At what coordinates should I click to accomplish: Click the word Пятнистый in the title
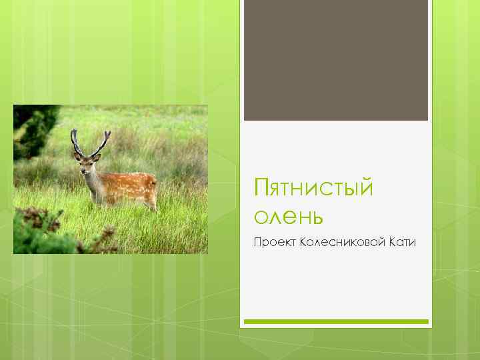(313, 189)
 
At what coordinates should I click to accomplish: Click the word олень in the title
(289, 216)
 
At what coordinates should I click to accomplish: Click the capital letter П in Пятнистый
(261, 189)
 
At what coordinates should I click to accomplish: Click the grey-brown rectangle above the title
(335, 60)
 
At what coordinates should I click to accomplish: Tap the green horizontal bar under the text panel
(335, 321)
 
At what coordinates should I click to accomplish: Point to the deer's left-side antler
(76, 141)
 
